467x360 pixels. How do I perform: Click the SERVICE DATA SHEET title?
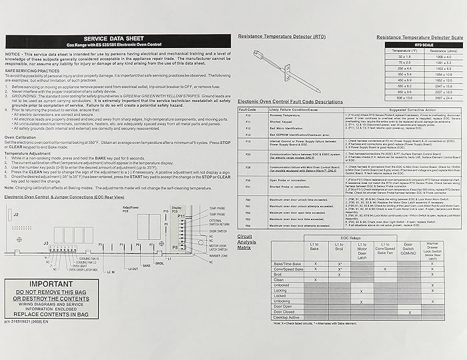[x=117, y=39]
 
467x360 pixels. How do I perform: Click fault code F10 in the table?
[x=248, y=115]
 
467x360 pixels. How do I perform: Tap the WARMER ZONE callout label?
[x=218, y=256]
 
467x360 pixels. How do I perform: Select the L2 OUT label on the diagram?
[x=134, y=269]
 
